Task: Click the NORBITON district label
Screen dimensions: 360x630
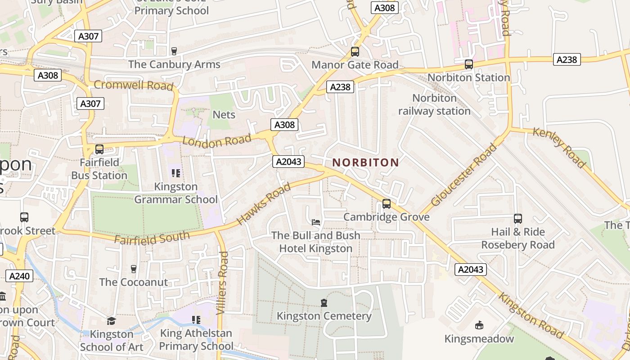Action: [365, 162]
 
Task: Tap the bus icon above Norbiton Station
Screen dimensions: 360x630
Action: [469, 64]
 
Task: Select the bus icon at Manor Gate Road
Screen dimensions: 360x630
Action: [355, 52]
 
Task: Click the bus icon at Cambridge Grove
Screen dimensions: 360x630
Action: [387, 204]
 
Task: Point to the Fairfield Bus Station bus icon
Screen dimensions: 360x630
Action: [99, 149]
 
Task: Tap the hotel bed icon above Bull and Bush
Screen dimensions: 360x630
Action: [316, 222]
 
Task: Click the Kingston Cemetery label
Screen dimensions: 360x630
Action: [324, 316]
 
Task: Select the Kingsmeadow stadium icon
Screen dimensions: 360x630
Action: [479, 325]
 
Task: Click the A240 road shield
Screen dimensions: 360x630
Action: [19, 276]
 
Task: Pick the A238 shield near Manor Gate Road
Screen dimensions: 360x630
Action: [340, 87]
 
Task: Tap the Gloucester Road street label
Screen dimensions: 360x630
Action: [464, 175]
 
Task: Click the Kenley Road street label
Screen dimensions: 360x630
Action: [559, 147]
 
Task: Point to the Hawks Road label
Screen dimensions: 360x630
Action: [264, 205]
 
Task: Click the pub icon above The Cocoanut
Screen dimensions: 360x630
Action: [133, 269]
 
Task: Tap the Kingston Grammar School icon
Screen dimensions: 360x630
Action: [176, 173]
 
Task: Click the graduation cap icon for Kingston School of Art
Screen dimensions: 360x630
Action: [111, 321]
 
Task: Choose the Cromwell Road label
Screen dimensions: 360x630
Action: [134, 85]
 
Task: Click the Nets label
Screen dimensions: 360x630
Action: [224, 115]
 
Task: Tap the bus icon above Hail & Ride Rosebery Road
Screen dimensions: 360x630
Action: [518, 219]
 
